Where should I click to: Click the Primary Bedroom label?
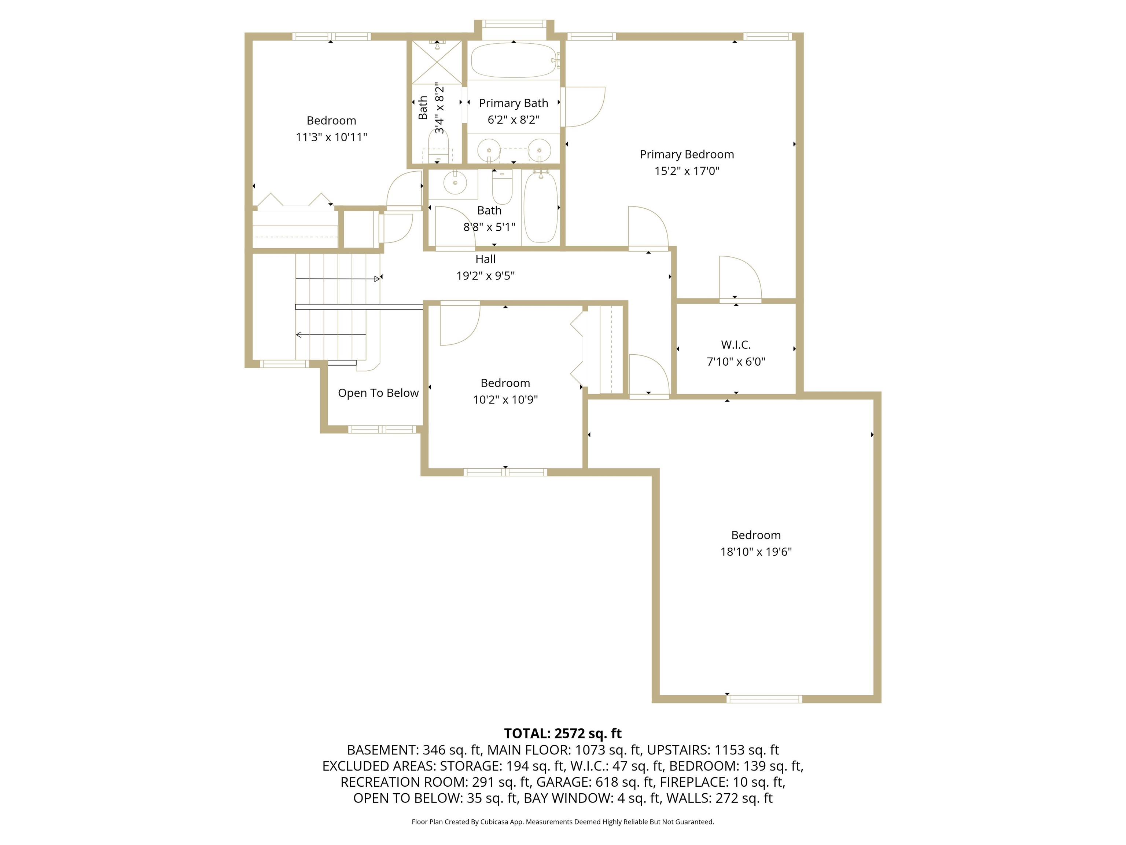pos(686,154)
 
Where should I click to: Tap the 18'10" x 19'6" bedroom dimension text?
pos(755,552)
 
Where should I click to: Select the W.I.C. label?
pos(736,345)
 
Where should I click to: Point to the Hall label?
pos(485,259)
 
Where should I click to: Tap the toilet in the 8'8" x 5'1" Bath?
pos(502,187)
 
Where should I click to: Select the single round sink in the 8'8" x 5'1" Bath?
pos(455,182)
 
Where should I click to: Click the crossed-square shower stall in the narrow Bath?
pos(436,62)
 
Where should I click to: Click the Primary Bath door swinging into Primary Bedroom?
pos(583,107)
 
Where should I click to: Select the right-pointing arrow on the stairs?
pos(377,279)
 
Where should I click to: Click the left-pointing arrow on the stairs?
pos(299,334)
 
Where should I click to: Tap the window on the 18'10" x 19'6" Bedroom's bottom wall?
pos(763,699)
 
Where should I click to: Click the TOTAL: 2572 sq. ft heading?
pos(563,734)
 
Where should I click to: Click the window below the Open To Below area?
pos(382,429)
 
